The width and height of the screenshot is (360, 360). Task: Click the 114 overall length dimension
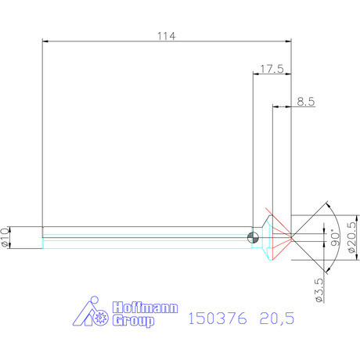pos(167,35)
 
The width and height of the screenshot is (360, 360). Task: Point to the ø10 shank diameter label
pos(6,236)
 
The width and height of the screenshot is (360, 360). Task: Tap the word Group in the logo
pos(134,321)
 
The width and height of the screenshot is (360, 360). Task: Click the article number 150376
pos(218,319)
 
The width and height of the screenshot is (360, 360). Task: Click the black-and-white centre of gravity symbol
pos(252,238)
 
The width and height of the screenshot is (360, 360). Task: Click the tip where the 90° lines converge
pos(291,235)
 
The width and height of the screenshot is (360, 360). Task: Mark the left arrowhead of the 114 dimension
pos(43,40)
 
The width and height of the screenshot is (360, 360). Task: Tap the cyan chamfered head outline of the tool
pos(266,235)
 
